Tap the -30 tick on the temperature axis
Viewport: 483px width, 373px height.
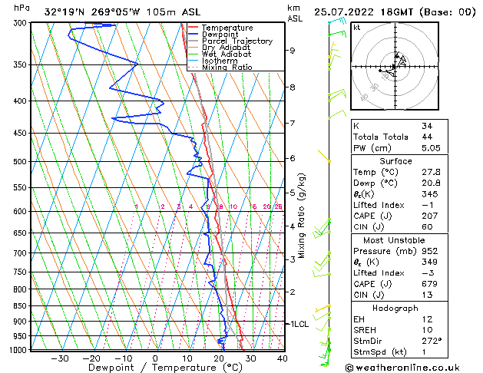[60, 358]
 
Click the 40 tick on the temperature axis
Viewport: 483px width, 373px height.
[283, 358]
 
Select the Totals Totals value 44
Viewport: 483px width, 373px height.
[427, 137]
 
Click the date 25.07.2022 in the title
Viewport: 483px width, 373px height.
[346, 12]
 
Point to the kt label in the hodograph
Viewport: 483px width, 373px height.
[356, 27]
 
